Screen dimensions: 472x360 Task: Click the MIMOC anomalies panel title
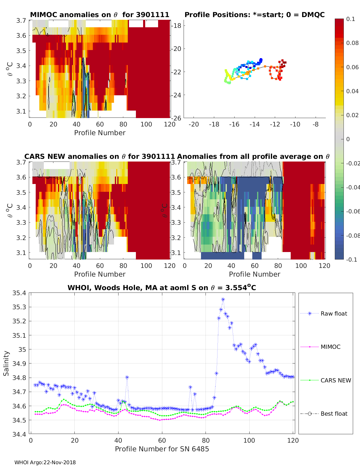100,15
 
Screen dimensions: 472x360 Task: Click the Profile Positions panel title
254,15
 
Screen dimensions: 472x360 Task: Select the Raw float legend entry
334,314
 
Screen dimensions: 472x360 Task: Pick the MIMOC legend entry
330,347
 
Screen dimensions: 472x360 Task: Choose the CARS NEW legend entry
335,381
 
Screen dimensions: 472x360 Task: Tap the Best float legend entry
334,414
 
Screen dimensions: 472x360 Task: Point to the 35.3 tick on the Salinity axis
20,307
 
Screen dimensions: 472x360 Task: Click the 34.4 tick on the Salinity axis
20,434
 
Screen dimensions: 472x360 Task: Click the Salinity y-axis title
6,363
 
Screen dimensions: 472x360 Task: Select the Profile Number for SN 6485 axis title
162,449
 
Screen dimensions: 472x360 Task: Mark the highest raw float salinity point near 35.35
223,299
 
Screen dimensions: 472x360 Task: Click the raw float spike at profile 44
127,378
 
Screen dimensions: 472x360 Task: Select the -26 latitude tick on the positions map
176,118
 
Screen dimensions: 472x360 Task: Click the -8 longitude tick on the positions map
315,124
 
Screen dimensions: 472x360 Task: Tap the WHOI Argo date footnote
45,462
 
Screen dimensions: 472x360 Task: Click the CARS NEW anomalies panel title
99,156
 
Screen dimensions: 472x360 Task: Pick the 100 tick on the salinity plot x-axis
249,440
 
